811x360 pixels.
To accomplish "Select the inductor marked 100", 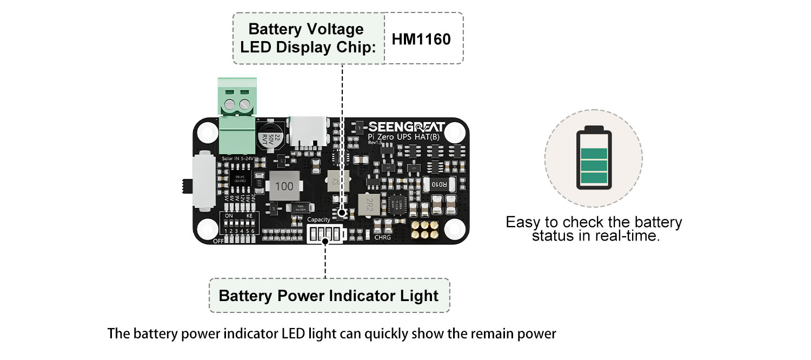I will tap(284, 185).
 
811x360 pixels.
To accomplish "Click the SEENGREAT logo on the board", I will tap(407, 127).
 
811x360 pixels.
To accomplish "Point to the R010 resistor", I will tap(439, 184).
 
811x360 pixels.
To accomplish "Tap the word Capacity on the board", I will tap(318, 220).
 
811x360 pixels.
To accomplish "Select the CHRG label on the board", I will tap(382, 237).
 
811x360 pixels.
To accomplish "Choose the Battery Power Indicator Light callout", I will tap(328, 296).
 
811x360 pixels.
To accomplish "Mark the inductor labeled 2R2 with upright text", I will tap(370, 204).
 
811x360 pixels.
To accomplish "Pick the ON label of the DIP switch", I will tap(229, 215).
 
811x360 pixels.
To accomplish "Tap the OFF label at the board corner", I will tap(218, 241).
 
